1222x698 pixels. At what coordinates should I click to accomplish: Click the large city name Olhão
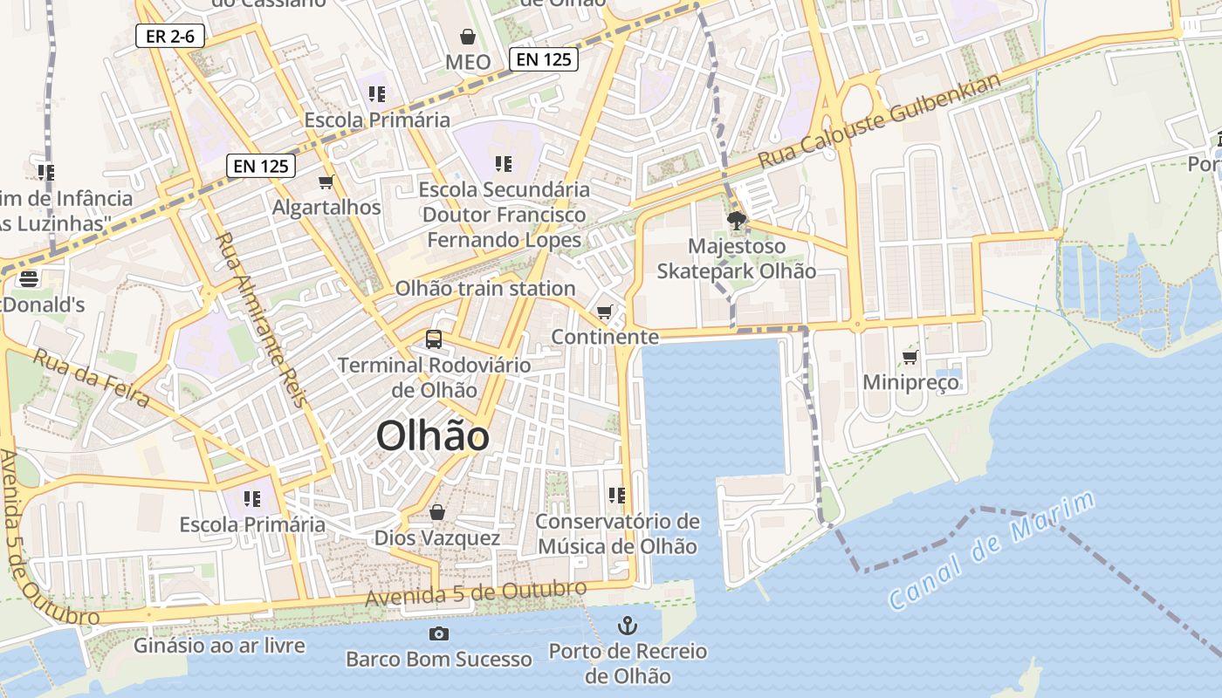pyautogui.click(x=433, y=436)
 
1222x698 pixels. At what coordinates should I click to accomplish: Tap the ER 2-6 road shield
pyautogui.click(x=164, y=37)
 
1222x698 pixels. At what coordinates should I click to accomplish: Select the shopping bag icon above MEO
pyautogui.click(x=468, y=37)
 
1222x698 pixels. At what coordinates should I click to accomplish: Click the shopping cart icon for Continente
pyautogui.click(x=604, y=311)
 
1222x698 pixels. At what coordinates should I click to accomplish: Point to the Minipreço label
pyautogui.click(x=910, y=382)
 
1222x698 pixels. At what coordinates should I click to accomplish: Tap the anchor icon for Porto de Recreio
pyautogui.click(x=627, y=625)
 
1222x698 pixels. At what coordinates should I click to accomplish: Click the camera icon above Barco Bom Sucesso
pyautogui.click(x=438, y=633)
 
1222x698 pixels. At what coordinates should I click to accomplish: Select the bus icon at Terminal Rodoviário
pyautogui.click(x=433, y=339)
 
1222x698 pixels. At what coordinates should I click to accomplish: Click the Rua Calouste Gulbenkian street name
pyautogui.click(x=880, y=121)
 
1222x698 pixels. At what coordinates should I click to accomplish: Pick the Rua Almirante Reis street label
pyautogui.click(x=261, y=318)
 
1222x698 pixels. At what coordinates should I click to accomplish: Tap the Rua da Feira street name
pyautogui.click(x=91, y=377)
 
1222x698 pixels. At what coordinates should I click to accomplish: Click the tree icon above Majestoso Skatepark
pyautogui.click(x=737, y=220)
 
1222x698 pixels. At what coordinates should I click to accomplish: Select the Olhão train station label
pyautogui.click(x=485, y=288)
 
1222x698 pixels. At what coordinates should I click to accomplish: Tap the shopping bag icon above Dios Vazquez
pyautogui.click(x=437, y=512)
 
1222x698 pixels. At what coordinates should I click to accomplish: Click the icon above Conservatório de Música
pyautogui.click(x=617, y=496)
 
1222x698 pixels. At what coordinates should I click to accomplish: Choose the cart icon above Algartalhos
pyautogui.click(x=326, y=181)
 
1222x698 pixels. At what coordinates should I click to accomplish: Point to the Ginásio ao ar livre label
pyautogui.click(x=219, y=646)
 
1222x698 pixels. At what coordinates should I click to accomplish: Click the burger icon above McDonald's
pyautogui.click(x=29, y=278)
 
